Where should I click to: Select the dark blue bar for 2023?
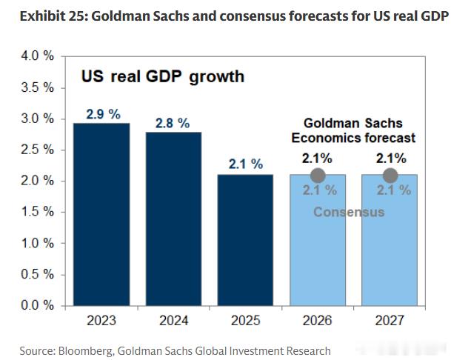click(101, 214)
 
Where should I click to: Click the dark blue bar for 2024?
click(174, 219)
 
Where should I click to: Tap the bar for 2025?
click(245, 240)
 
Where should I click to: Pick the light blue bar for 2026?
click(318, 240)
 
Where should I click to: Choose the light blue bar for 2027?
click(390, 240)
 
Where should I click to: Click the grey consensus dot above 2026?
click(318, 176)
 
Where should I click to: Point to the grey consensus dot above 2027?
click(390, 176)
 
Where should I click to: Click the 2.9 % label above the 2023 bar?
click(103, 114)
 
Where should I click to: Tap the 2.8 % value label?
click(173, 123)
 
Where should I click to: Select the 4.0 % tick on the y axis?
click(37, 56)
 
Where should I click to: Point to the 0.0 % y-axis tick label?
click(37, 305)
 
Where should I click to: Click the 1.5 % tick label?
click(37, 212)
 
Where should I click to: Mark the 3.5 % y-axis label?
click(37, 87)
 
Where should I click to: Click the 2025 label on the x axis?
click(245, 321)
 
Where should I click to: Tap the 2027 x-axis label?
click(390, 321)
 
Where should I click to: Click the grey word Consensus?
click(349, 212)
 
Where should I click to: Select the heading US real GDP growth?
click(163, 77)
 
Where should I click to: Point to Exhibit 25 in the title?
click(53, 16)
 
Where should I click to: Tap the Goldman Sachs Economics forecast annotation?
click(353, 130)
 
